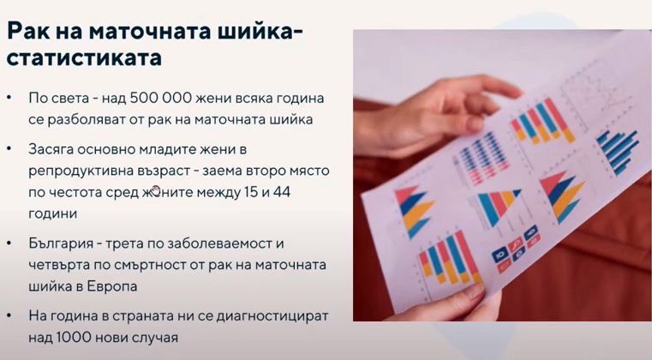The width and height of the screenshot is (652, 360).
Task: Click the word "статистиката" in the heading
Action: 84,57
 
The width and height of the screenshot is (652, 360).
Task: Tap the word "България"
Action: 61,244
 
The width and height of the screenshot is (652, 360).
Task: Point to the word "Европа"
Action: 112,287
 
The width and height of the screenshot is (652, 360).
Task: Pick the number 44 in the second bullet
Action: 282,193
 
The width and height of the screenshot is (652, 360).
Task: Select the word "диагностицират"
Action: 272,317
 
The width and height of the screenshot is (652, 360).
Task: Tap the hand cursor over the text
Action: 156,190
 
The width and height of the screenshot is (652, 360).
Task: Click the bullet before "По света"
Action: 9,99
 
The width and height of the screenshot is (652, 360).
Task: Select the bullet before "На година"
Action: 9,316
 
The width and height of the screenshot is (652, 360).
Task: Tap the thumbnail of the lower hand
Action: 474,291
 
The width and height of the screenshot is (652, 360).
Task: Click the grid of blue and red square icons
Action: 516,249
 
